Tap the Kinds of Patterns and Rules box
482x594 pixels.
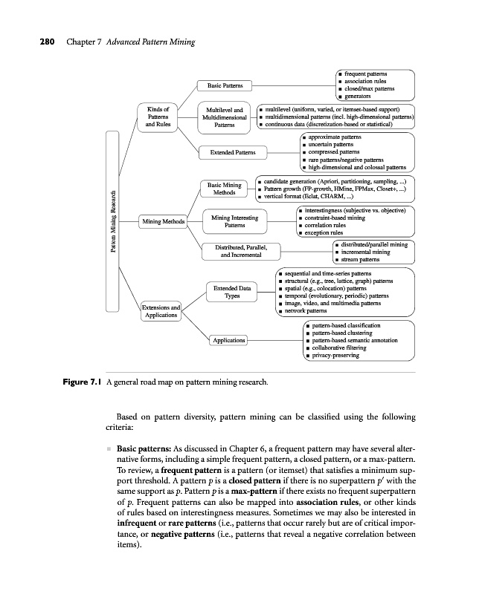pos(158,117)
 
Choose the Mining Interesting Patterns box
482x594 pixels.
pos(234,221)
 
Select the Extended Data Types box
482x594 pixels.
pos(231,291)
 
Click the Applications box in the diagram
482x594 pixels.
pos(228,340)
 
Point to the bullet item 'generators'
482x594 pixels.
pos(359,97)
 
